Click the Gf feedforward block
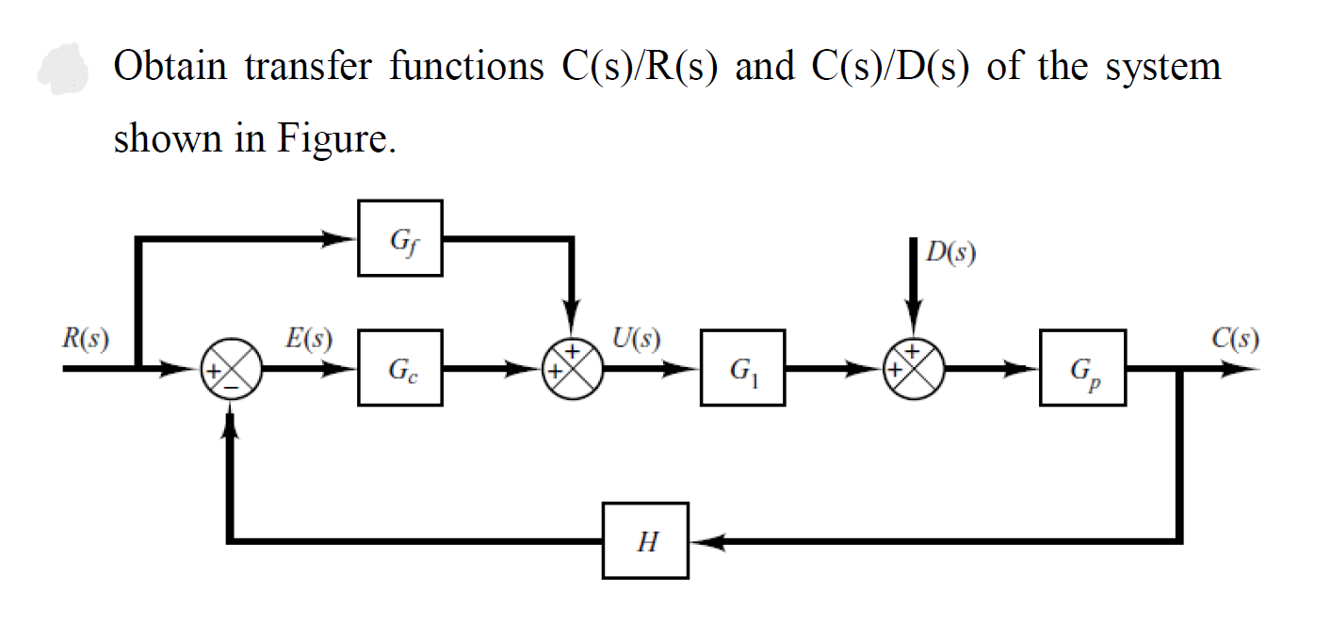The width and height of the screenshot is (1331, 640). (x=399, y=238)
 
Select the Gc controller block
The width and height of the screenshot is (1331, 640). (x=399, y=367)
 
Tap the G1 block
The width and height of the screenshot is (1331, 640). (x=742, y=367)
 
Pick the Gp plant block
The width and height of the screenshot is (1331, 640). (x=1082, y=367)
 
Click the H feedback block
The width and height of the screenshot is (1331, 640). (x=645, y=541)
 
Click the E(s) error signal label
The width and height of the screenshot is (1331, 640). (x=307, y=339)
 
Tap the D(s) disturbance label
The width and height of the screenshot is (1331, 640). (x=950, y=253)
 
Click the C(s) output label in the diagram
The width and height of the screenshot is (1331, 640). (x=1236, y=339)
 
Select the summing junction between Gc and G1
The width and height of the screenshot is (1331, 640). (x=572, y=369)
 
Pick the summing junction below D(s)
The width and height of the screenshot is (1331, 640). (x=913, y=369)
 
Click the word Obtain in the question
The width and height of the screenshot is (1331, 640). (x=170, y=67)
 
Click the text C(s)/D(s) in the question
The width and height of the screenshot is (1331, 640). (x=886, y=67)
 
